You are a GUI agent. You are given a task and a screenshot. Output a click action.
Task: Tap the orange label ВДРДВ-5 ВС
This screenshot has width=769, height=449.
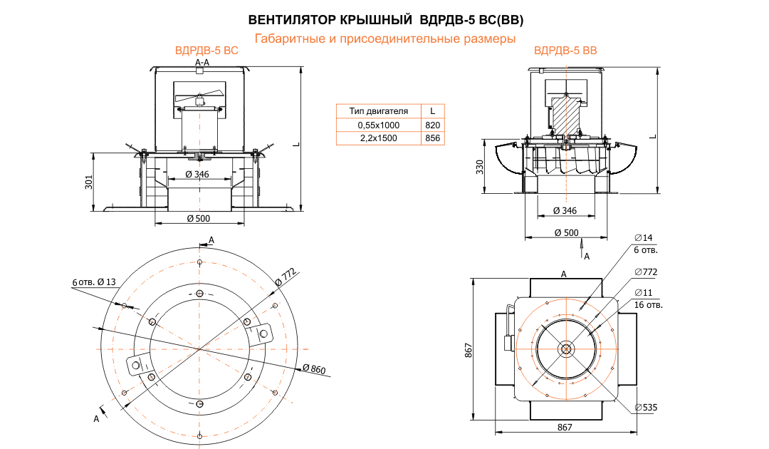tap(206, 51)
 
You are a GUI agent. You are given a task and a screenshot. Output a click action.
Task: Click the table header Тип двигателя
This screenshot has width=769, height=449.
tap(379, 110)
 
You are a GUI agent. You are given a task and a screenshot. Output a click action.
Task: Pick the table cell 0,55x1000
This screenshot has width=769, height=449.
tap(379, 125)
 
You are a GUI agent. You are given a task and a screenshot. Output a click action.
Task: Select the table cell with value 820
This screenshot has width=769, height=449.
tap(432, 125)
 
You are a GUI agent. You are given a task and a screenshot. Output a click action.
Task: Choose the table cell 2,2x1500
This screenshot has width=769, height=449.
tap(379, 138)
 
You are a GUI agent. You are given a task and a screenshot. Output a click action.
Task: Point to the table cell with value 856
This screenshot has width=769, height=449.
tap(432, 138)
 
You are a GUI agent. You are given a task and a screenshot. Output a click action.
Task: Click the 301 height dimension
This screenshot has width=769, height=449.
tap(89, 182)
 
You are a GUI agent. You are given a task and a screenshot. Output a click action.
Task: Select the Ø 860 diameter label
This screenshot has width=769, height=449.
tap(313, 368)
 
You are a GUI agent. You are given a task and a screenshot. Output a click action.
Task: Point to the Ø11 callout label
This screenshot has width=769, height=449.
tap(643, 292)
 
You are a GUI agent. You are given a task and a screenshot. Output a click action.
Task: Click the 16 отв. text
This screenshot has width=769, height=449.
tap(648, 305)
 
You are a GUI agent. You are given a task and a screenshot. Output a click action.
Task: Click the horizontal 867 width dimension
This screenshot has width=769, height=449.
tap(565, 426)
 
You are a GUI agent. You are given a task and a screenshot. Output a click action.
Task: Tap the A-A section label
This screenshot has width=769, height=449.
tap(202, 63)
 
